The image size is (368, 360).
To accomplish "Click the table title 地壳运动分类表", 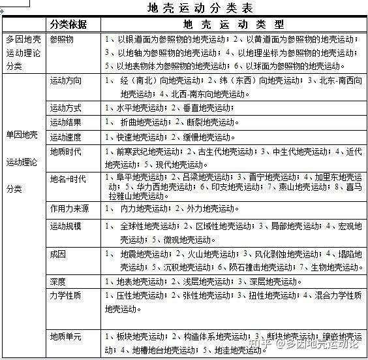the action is [200, 8].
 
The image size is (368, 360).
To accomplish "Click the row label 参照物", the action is [62, 39].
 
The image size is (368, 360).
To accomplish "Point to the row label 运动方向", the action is [66, 81].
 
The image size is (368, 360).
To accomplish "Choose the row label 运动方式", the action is [66, 107].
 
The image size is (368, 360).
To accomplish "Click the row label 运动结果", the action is [66, 122].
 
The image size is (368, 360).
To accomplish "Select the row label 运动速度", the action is [66, 137].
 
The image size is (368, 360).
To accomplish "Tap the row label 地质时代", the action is [66, 152].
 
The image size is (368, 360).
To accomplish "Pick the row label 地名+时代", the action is [68, 179].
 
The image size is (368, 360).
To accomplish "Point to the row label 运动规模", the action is [66, 226].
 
